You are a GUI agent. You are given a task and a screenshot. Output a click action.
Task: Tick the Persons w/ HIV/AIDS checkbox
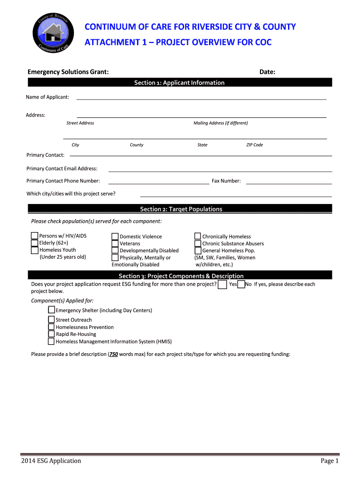[x=35, y=236]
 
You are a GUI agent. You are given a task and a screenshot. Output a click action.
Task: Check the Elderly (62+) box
[x=35, y=243]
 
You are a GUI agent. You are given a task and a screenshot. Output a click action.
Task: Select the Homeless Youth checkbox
[x=35, y=250]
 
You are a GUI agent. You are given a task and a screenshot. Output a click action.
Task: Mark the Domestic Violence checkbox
[x=115, y=236]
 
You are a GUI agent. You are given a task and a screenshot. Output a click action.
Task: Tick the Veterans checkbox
[x=115, y=243]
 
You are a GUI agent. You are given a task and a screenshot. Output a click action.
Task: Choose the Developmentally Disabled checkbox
[x=115, y=250]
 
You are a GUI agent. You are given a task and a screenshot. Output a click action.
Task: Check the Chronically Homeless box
[x=198, y=236]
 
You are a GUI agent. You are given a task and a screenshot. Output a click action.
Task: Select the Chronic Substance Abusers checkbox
[x=198, y=243]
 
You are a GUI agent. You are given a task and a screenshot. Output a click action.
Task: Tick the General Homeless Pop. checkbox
[x=198, y=250]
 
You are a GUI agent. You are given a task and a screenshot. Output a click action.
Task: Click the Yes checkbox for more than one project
[x=223, y=284]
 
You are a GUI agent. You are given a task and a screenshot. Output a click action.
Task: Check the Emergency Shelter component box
[x=51, y=310]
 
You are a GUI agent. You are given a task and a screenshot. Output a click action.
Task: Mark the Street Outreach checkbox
[x=51, y=319]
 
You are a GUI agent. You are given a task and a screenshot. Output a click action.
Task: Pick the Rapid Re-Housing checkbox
[x=51, y=334]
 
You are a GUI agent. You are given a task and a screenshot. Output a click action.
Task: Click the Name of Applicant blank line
[x=201, y=98]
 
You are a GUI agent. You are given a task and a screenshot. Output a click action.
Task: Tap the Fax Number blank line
[x=288, y=182]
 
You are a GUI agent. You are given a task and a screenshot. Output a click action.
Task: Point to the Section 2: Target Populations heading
[x=181, y=209]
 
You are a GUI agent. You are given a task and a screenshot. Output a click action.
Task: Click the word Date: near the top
[x=267, y=72]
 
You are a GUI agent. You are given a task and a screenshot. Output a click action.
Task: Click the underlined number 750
[x=113, y=354]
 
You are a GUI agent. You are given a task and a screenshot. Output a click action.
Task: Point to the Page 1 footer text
[x=329, y=461]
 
